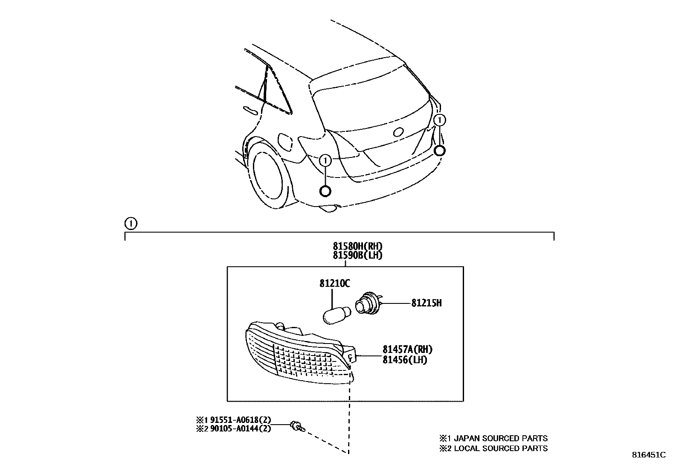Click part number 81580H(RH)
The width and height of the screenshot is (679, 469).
point(357,246)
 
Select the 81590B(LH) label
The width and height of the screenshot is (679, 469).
point(357,255)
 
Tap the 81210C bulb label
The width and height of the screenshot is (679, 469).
point(334,283)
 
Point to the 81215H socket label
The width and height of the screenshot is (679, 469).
point(426,303)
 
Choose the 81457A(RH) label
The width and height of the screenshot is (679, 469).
point(407,350)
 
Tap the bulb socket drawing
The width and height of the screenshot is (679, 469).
point(366,303)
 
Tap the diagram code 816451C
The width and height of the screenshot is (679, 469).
point(648,455)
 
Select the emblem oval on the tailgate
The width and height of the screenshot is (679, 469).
point(400,132)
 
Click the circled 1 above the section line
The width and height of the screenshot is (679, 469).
point(130,223)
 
